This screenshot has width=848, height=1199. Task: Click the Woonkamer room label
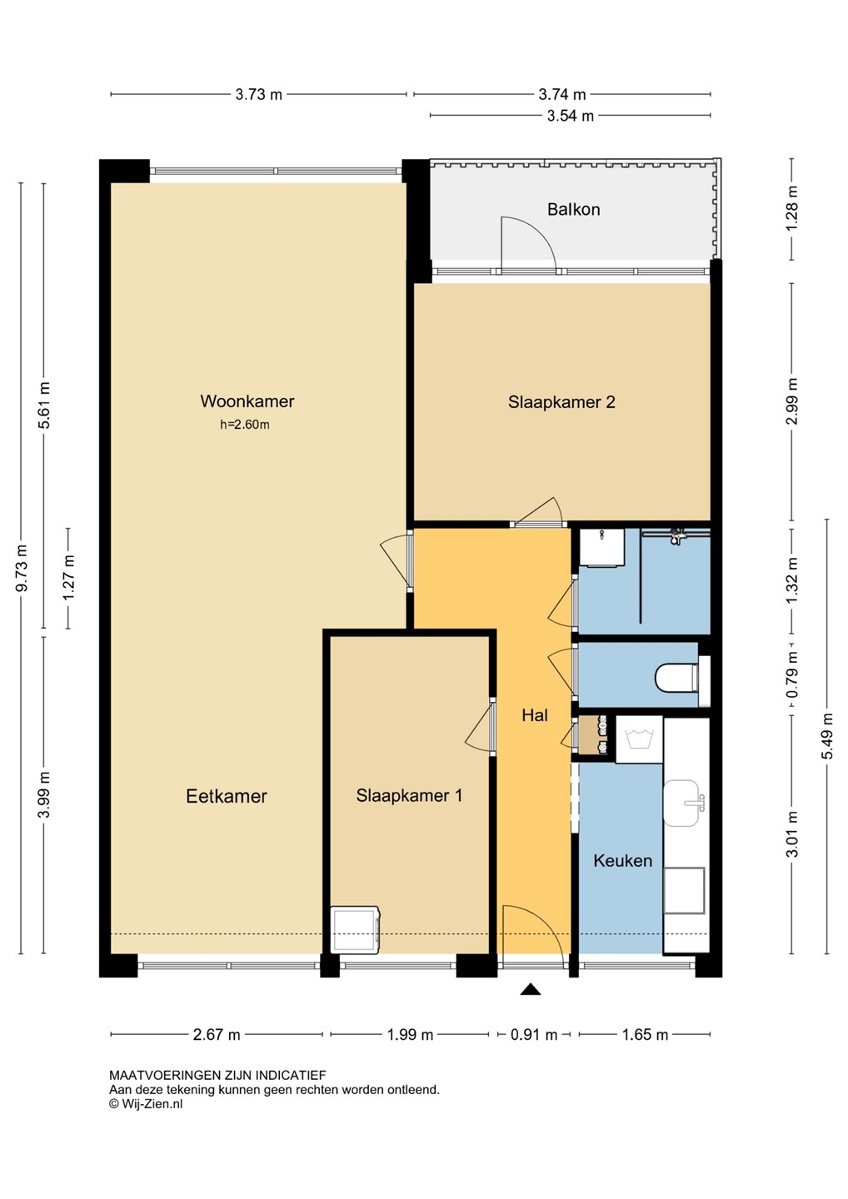[x=247, y=401]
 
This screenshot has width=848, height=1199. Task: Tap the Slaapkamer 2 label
[x=561, y=402]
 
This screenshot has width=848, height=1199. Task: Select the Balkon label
[x=573, y=209]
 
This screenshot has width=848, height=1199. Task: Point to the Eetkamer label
[x=227, y=796]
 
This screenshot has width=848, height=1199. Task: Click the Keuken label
[x=622, y=861]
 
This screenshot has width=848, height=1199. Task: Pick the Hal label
[x=535, y=715]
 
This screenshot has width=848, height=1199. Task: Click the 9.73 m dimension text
[x=21, y=569]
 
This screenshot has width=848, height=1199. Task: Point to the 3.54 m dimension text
[x=570, y=116]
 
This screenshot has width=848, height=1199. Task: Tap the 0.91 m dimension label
[x=534, y=1035]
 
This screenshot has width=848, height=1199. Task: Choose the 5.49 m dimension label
[x=828, y=736]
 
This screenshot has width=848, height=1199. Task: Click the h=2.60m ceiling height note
[x=245, y=425]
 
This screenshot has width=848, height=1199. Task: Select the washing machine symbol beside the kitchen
[x=639, y=739]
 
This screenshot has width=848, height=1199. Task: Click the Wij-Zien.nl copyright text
[x=146, y=1103]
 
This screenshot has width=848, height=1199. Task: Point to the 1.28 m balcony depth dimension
[x=792, y=208]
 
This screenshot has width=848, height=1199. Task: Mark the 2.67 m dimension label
[x=217, y=1035]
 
